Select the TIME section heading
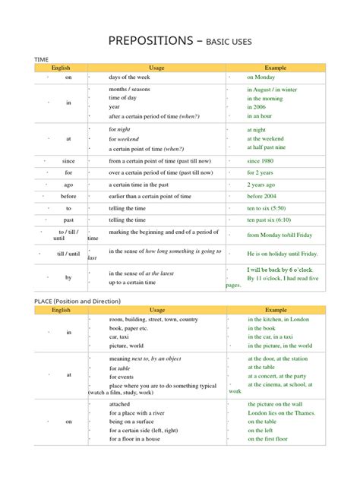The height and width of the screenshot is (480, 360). (43, 58)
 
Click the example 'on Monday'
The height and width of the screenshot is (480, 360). (261, 77)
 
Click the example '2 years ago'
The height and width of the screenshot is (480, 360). (262, 185)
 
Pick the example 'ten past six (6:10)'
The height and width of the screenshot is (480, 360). (271, 219)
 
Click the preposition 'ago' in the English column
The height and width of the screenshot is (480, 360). (69, 185)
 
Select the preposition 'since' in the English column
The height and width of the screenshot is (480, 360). (69, 162)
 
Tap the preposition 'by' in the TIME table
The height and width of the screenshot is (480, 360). (68, 278)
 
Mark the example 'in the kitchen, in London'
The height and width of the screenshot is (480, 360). (278, 320)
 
